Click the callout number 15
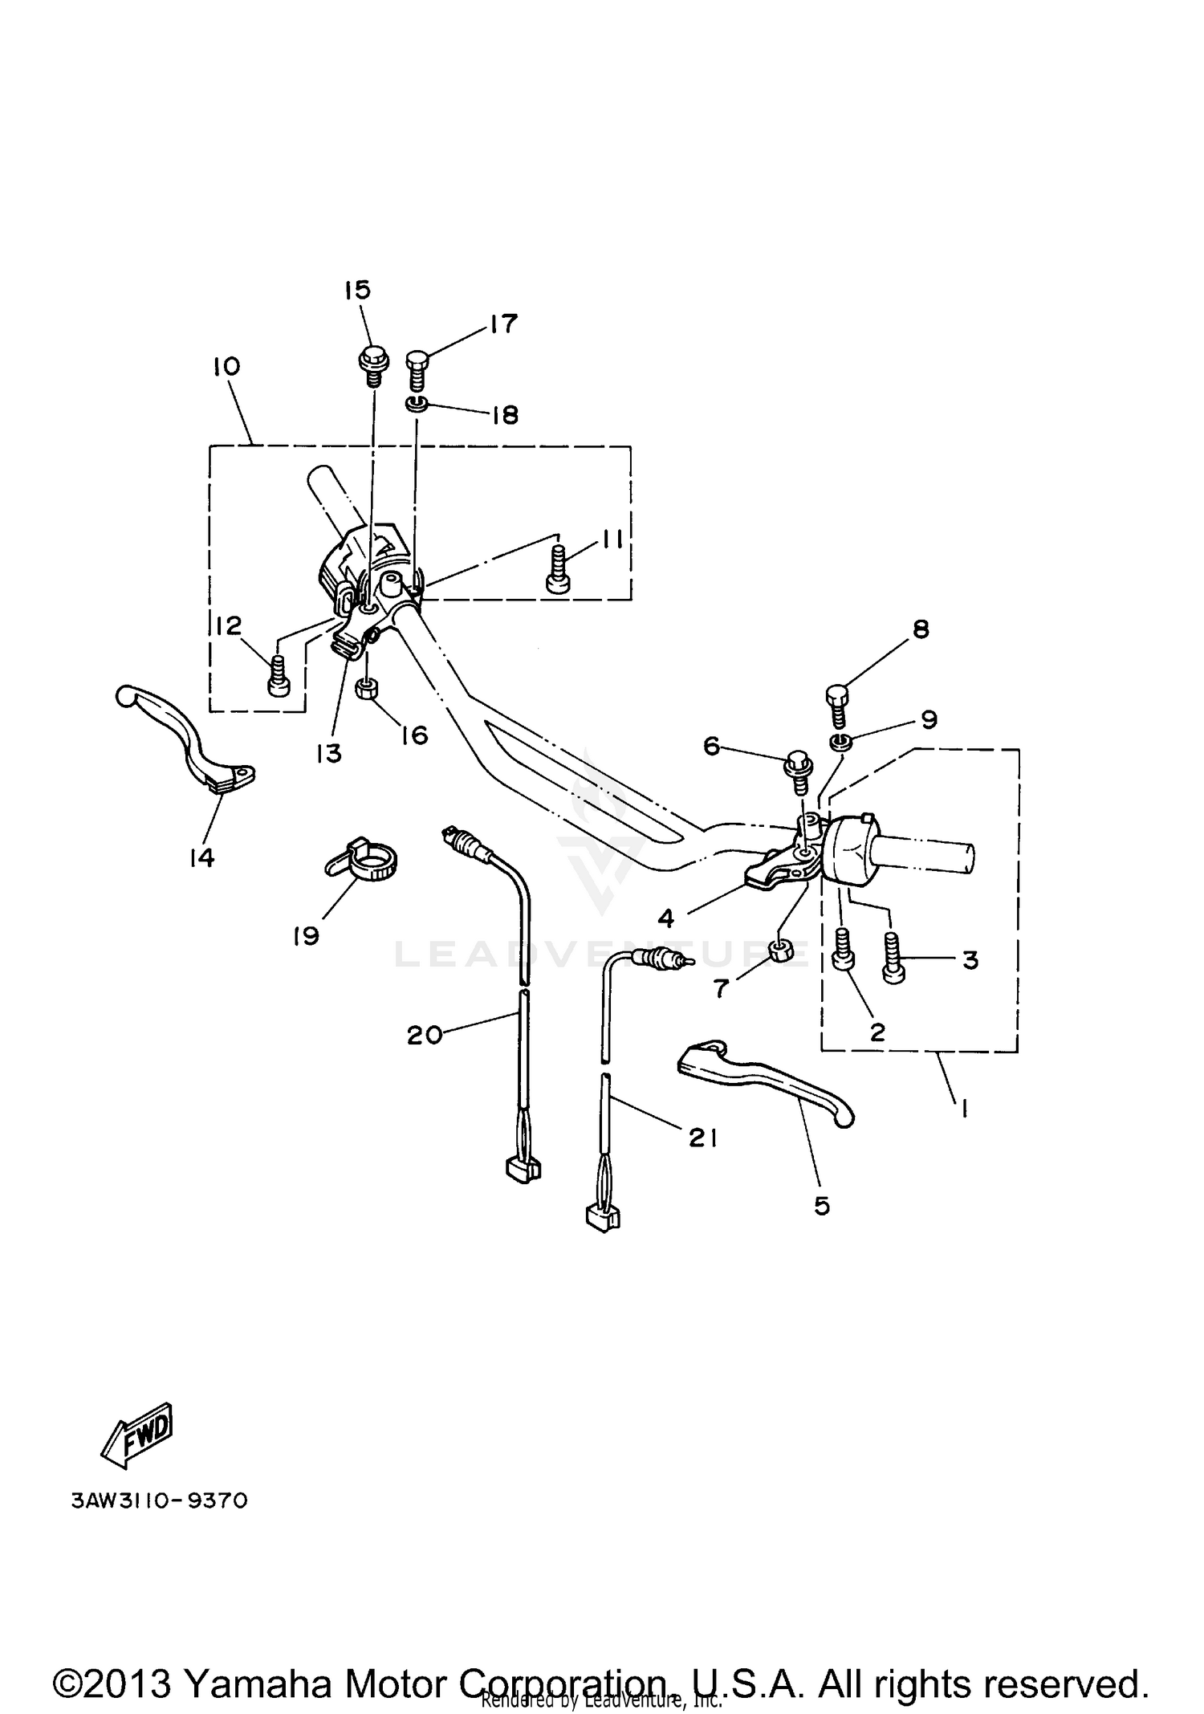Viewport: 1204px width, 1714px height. [x=358, y=290]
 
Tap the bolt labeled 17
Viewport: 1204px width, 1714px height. [x=419, y=371]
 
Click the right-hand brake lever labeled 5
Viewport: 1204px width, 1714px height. [x=763, y=1078]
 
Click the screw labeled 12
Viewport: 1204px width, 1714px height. [x=278, y=674]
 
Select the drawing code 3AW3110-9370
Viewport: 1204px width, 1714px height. [x=160, y=1500]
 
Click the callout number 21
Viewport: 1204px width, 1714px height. [x=702, y=1137]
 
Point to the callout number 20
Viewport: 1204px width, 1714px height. [x=424, y=1036]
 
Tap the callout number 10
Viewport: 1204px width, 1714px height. [x=226, y=367]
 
